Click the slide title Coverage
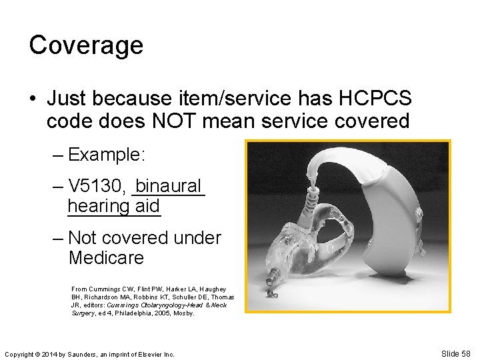86,45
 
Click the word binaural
169,185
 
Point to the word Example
111,155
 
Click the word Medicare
106,257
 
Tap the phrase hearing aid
114,206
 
